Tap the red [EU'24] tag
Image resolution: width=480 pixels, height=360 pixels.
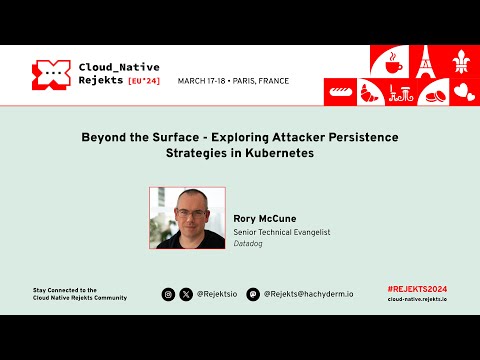(x=147, y=82)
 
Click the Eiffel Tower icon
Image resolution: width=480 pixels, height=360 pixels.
(x=425, y=62)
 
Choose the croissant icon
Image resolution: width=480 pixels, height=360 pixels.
(x=370, y=93)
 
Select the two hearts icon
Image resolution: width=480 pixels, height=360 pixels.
(x=463, y=93)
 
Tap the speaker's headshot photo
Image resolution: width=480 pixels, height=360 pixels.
(x=187, y=218)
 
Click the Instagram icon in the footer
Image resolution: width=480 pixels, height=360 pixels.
(x=169, y=294)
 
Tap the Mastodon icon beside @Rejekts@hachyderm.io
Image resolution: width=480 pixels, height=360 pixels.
(x=253, y=294)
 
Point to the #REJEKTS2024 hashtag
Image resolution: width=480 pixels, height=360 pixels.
(x=417, y=289)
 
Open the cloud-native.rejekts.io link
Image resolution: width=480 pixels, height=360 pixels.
(x=417, y=299)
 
